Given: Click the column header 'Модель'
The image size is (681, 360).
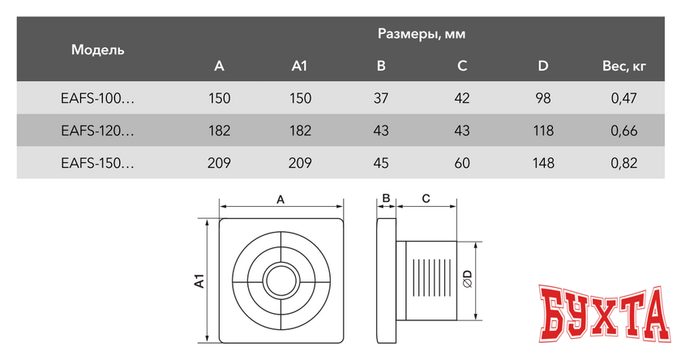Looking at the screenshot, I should pos(97,50).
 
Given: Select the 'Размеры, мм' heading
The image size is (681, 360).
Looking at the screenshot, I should pos(422,33).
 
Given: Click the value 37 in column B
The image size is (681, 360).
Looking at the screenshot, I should pos(381,99).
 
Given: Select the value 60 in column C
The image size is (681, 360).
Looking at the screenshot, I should pos(462,163).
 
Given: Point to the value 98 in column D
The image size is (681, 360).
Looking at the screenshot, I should pos(543,99).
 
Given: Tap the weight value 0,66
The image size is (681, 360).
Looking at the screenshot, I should pos(624,131).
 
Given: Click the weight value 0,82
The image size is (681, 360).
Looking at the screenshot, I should pos(624,163).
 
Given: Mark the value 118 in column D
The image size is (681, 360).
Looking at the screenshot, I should pos(543,131).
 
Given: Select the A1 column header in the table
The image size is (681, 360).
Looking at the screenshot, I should pos(300,66).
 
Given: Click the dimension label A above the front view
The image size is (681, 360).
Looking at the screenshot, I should pos(281,198).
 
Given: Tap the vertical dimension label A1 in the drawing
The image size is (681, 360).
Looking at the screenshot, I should pos(198,281).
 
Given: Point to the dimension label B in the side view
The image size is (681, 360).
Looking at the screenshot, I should pos(387,198).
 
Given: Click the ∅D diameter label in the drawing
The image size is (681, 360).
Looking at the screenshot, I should pos(468,281).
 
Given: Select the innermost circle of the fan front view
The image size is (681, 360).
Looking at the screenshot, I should pos(281,281).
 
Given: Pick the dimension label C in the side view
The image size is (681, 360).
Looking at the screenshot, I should pos(425,198).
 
